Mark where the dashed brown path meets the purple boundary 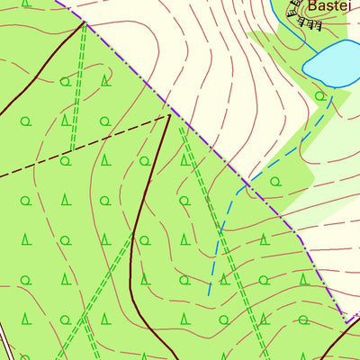(169, 114)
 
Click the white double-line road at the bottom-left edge (3, 347)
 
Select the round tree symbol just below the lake (319, 95)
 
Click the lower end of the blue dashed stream (209, 293)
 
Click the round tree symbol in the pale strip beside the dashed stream (276, 181)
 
